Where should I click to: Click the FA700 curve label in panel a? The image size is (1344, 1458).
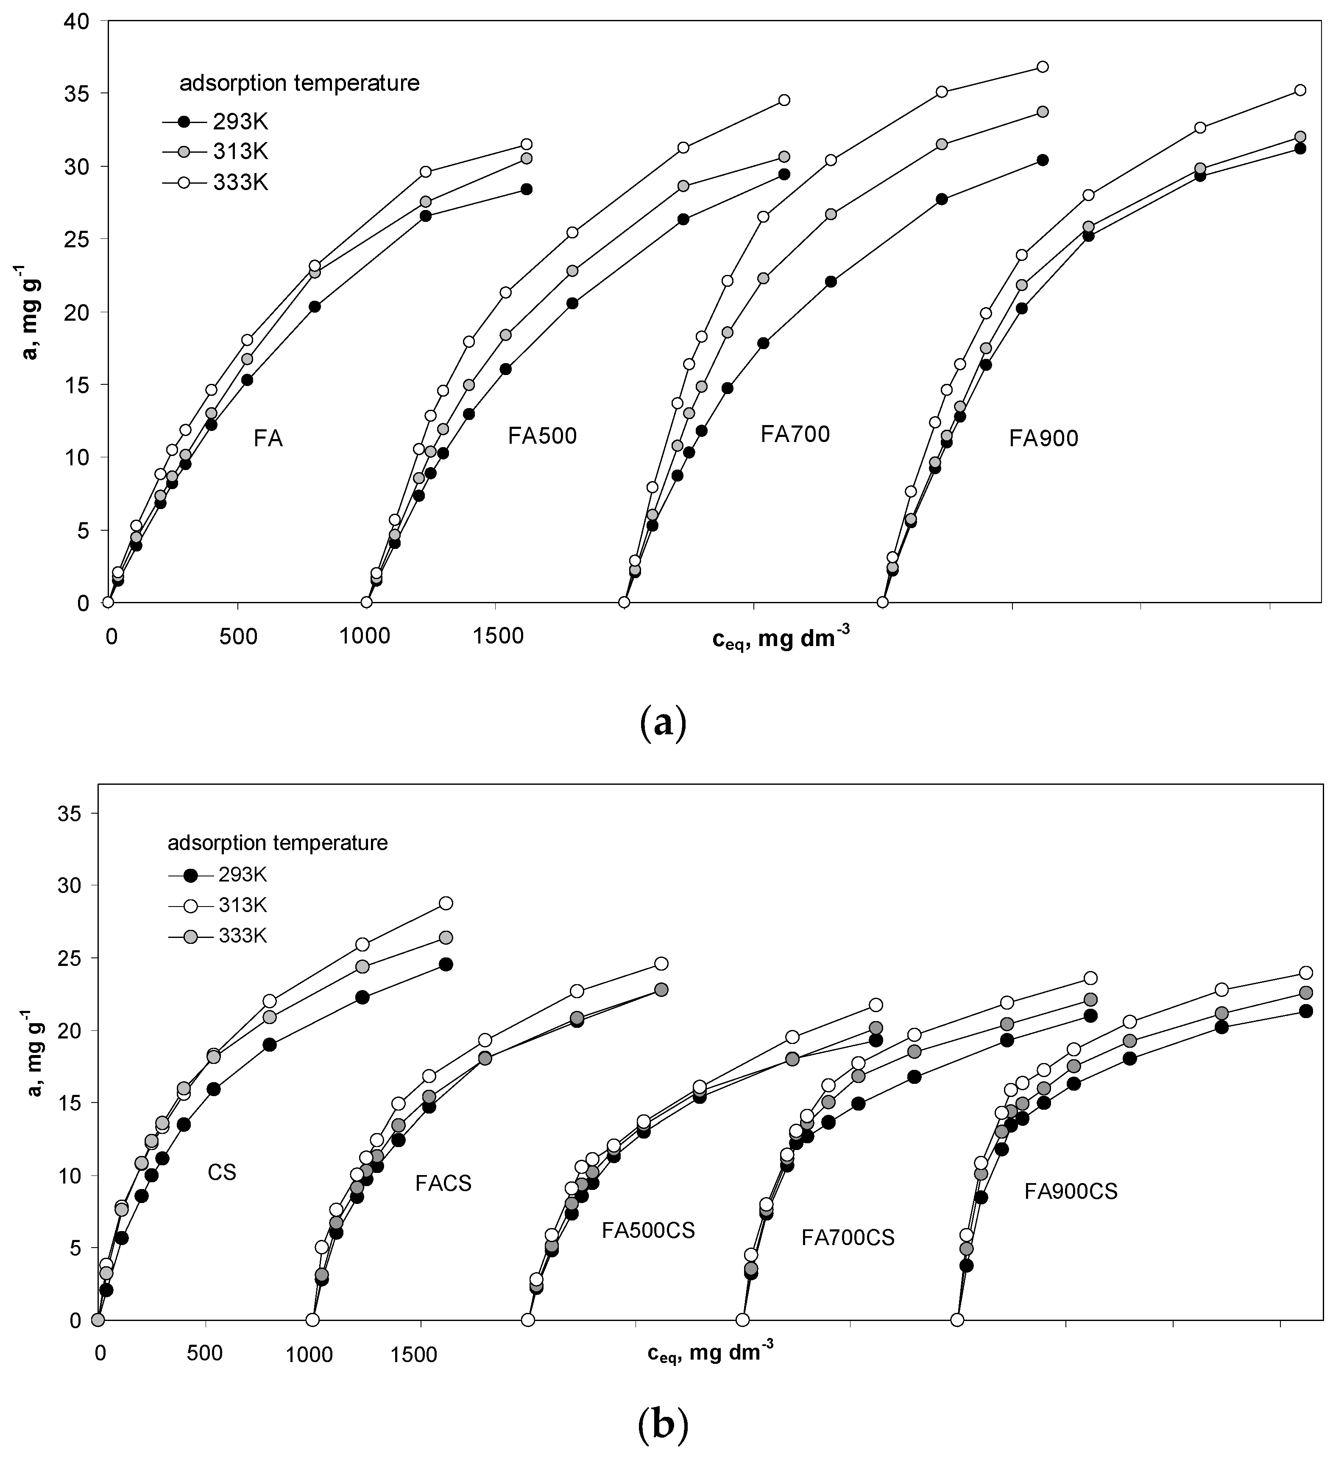[795, 434]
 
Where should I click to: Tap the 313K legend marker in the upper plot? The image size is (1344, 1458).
[184, 151]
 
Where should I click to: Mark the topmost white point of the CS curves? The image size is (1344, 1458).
[446, 903]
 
